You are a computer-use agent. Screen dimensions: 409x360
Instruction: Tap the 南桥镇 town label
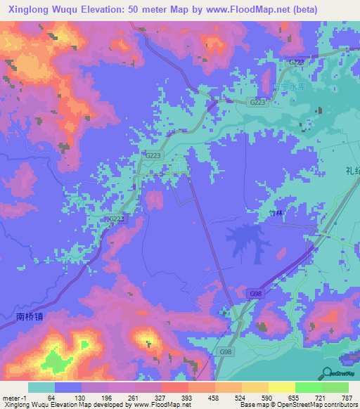click(29, 316)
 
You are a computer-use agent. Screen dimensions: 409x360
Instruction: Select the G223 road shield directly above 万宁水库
click(297, 63)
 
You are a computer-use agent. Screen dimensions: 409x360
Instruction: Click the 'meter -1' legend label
click(14, 398)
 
